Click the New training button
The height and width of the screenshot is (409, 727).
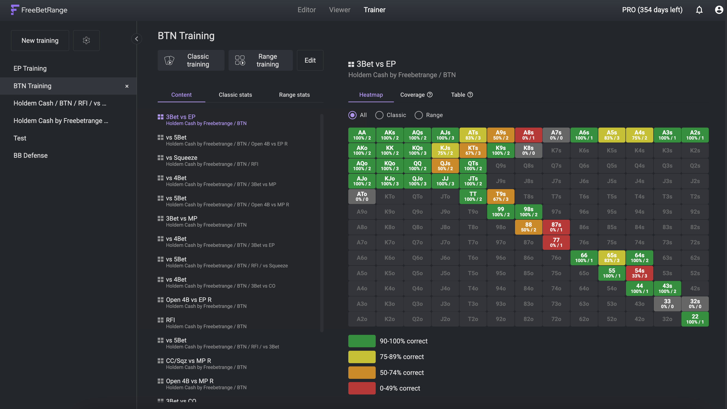(40, 41)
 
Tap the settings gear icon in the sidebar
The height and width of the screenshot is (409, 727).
(86, 41)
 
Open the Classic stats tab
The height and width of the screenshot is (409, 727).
(235, 95)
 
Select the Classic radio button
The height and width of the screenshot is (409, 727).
(380, 115)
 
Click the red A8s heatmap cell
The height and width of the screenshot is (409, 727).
(528, 135)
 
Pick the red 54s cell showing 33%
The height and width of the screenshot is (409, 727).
(639, 273)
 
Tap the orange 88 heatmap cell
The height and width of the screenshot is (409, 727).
(528, 227)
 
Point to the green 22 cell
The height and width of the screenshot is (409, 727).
(695, 319)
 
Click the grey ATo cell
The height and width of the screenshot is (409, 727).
(362, 196)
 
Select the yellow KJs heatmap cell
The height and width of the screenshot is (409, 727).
(445, 150)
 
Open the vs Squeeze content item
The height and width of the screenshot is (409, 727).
(181, 158)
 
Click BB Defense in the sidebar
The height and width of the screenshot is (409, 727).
(30, 155)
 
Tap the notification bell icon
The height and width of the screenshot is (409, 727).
(699, 10)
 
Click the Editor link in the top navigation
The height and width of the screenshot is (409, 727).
(306, 10)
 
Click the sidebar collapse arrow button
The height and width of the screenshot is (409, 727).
(137, 39)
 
